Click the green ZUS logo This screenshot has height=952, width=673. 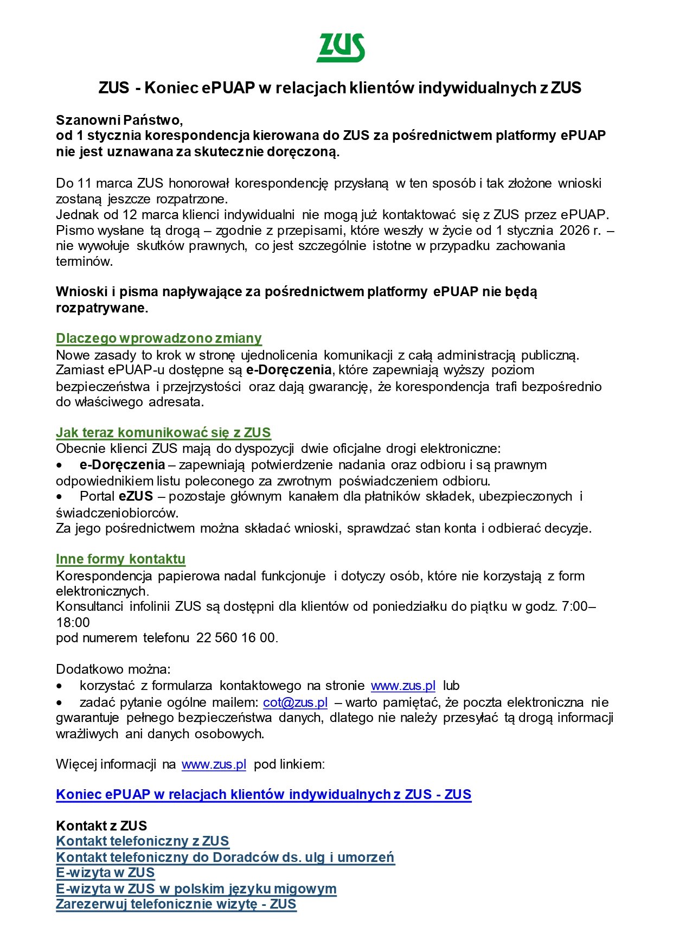coord(341,48)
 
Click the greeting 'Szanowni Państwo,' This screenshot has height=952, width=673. coord(119,119)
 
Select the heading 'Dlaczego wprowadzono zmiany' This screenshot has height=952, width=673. coord(158,338)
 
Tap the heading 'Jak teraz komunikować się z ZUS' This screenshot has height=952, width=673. coord(163,432)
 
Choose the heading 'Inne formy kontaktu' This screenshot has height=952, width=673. coord(120,559)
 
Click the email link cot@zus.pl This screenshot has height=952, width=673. coord(295,702)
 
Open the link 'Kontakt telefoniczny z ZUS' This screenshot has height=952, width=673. coord(143,841)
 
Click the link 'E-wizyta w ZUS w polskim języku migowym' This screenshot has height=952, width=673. coord(196,889)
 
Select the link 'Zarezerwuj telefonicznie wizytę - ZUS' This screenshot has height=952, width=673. coord(176,904)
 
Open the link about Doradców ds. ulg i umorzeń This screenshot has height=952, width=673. coord(225,857)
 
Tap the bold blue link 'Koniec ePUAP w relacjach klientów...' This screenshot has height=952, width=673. coord(264,795)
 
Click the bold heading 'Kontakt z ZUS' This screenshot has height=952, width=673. coord(101,826)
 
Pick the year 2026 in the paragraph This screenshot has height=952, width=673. coord(574,231)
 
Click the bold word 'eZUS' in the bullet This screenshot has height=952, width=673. coord(136,496)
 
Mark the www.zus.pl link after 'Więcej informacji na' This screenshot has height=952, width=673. coord(214,764)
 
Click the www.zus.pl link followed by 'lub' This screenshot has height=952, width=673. coord(403,686)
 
